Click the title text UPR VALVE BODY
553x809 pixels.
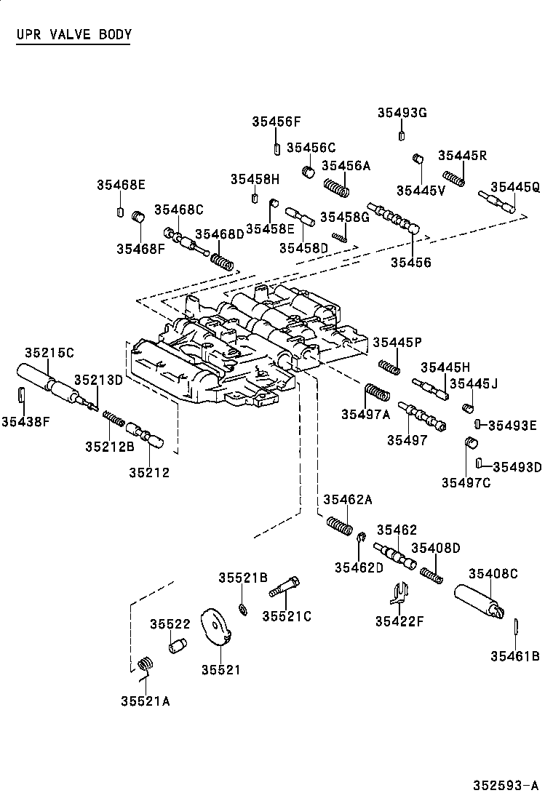pyautogui.click(x=73, y=35)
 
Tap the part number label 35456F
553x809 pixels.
pyautogui.click(x=276, y=121)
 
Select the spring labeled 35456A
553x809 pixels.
pyautogui.click(x=336, y=187)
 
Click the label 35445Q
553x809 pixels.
pyautogui.click(x=515, y=187)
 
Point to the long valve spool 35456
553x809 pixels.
pyautogui.click(x=395, y=219)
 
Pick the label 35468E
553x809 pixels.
pyautogui.click(x=121, y=185)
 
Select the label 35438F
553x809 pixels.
pyautogui.click(x=25, y=422)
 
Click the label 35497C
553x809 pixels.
pyautogui.click(x=466, y=482)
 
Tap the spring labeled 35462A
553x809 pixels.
pyautogui.click(x=339, y=526)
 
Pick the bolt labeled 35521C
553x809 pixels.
pyautogui.click(x=285, y=586)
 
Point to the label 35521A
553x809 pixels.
pyautogui.click(x=146, y=701)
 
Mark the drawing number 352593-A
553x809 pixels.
pyautogui.click(x=506, y=786)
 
